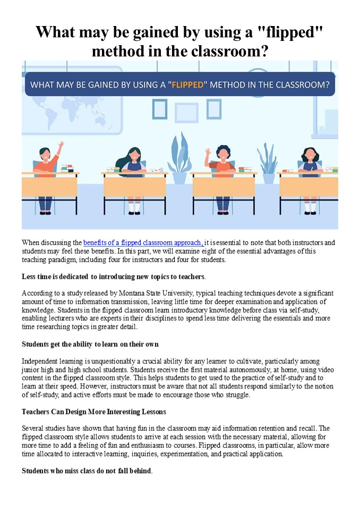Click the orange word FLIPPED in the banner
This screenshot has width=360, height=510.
point(187,85)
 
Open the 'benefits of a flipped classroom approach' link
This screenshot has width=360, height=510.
point(143,243)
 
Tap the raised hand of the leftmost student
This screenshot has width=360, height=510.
point(61,144)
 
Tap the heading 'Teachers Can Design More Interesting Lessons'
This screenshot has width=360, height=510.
point(94,412)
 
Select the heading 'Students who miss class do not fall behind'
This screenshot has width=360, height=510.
point(87,471)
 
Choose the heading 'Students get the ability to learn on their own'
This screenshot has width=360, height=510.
point(90,344)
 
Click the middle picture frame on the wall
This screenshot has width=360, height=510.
point(187,113)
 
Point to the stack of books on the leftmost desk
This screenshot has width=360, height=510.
point(67,168)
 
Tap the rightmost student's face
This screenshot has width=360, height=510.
point(310,155)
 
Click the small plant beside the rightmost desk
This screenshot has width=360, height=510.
point(268,163)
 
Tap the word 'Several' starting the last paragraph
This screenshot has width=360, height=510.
point(32,428)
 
